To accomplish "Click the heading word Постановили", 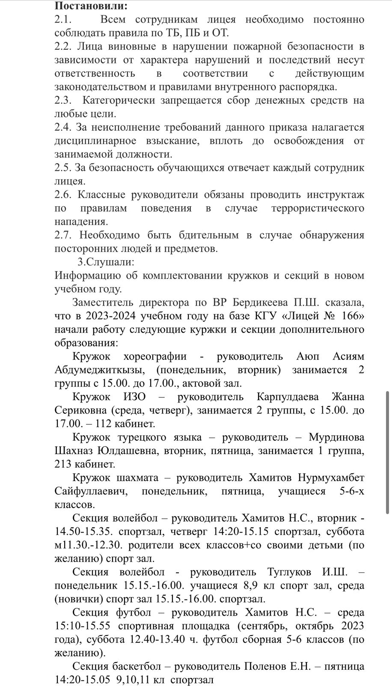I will pos(91,6).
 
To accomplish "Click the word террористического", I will pos(318,208).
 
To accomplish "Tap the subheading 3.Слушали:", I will pos(106,262).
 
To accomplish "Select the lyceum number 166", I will pos(353,316).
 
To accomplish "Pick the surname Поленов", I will pos(264,666).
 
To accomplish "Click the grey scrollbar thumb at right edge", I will pos(387,452).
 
